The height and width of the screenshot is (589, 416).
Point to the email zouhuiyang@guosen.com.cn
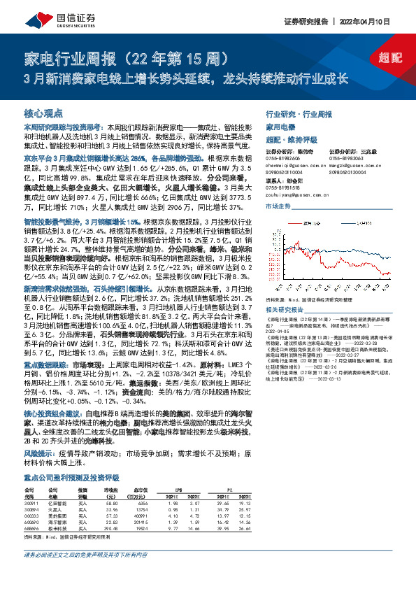(296, 197)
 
